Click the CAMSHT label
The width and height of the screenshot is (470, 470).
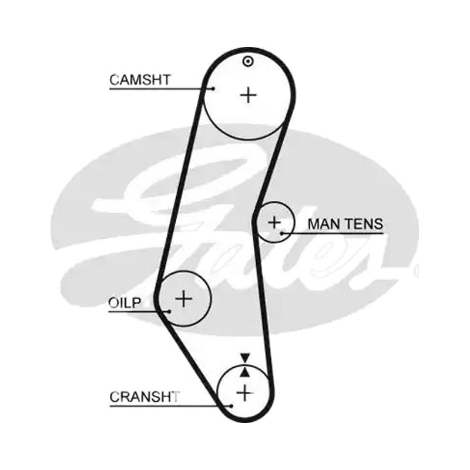pyautogui.click(x=140, y=80)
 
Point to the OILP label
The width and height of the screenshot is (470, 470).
pyautogui.click(x=125, y=303)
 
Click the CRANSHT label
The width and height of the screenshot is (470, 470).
pyautogui.click(x=145, y=397)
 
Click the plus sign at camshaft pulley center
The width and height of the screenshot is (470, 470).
pyautogui.click(x=249, y=95)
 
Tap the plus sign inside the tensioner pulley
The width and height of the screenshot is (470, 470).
pyautogui.click(x=274, y=223)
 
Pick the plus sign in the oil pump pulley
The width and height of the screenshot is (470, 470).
pyautogui.click(x=183, y=298)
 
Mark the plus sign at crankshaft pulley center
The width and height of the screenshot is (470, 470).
pyautogui.click(x=245, y=393)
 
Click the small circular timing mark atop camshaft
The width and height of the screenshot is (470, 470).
pyautogui.click(x=248, y=62)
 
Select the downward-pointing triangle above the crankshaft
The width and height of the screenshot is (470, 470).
pyautogui.click(x=245, y=358)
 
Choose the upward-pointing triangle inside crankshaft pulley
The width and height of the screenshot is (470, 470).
pyautogui.click(x=245, y=372)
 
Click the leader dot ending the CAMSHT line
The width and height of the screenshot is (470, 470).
pyautogui.click(x=213, y=89)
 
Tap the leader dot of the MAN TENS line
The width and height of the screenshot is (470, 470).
pyautogui.click(x=282, y=233)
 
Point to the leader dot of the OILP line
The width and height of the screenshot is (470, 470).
pyautogui.click(x=170, y=311)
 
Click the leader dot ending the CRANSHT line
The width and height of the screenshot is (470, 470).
pyautogui.click(x=231, y=406)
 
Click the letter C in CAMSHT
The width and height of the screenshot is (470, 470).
pyautogui.click(x=115, y=80)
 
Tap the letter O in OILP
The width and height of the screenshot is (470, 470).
pyautogui.click(x=114, y=303)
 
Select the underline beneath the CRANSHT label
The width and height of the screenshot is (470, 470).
pyautogui.click(x=170, y=406)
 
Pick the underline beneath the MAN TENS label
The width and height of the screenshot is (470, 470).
pyautogui.click(x=333, y=233)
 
